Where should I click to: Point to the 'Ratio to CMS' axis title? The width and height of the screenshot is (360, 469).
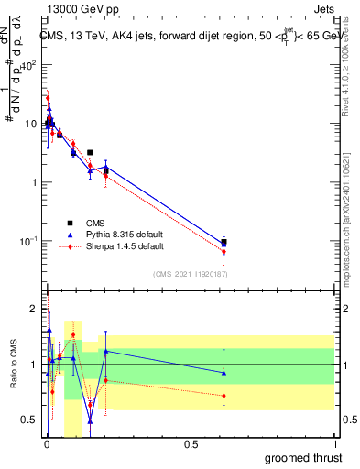13,365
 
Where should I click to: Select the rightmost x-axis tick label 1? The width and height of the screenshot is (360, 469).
333,446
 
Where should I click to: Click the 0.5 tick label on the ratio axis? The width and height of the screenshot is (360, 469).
30,420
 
